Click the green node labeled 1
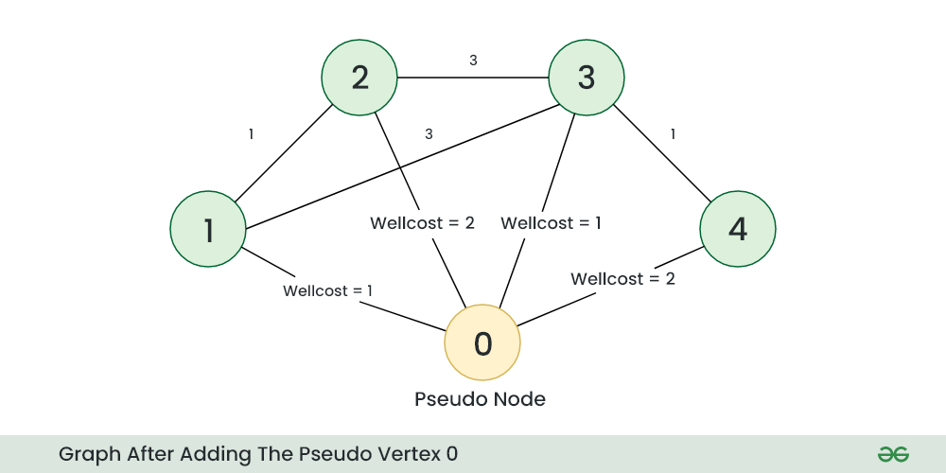point(208,229)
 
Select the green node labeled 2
point(359,78)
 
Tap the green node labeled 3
point(587,78)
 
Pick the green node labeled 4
point(738,229)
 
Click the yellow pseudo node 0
point(482,342)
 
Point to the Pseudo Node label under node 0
point(481,399)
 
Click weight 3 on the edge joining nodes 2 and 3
point(473,61)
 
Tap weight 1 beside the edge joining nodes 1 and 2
point(251,134)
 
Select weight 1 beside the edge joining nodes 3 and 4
point(673,134)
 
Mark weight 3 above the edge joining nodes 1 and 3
point(429,134)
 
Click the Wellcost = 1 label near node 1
point(327,290)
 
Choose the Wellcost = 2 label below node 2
point(422,223)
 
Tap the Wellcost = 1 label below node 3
point(551,223)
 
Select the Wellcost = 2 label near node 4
point(622,279)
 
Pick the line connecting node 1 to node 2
point(284,153)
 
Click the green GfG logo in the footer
point(892,454)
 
